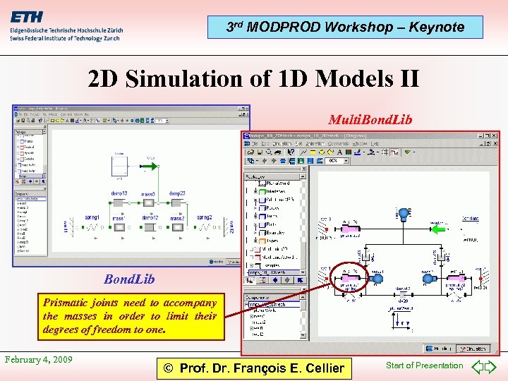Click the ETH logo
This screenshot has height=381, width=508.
click(x=28, y=17)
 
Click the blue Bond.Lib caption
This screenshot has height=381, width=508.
click(x=129, y=279)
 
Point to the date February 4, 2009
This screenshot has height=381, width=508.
click(x=38, y=359)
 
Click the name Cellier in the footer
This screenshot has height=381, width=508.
click(x=322, y=368)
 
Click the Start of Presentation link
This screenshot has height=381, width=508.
click(x=424, y=365)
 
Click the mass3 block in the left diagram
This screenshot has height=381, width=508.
click(x=148, y=203)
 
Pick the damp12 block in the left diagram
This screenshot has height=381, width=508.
click(x=149, y=227)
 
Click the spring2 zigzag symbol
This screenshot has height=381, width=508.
click(x=204, y=227)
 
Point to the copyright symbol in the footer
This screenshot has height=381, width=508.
click(x=169, y=368)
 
